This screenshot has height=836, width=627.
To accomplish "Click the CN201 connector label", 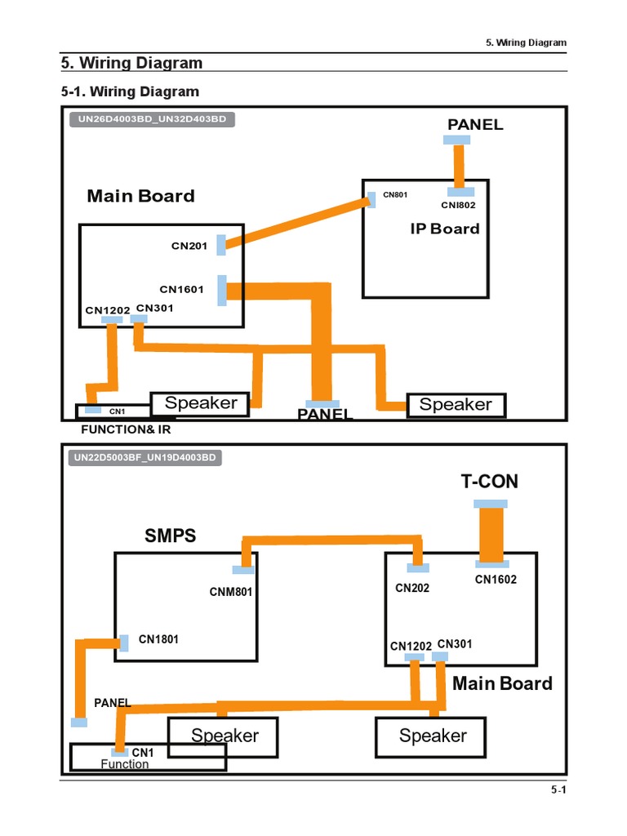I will pos(189,245).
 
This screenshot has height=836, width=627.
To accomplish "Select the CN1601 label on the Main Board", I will pos(181,290).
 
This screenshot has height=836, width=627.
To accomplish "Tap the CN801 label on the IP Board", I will pos(395,195).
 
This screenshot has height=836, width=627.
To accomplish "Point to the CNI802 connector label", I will pos(458,206).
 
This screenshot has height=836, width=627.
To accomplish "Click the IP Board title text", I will pos(445,229).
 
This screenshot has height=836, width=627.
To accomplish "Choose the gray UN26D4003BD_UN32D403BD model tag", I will pos(152,119).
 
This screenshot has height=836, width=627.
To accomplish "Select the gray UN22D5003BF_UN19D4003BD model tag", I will pos(146,457).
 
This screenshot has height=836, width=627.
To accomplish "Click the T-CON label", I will pos(489,482).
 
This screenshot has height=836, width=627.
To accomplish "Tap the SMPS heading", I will pos(171,536).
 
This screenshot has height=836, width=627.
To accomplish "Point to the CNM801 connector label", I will pos(232,592).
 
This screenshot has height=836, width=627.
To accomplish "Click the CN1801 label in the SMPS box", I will pos(158,639).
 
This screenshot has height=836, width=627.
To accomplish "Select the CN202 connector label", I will pos(412,588).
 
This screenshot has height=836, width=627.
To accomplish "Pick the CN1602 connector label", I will pos(496,580).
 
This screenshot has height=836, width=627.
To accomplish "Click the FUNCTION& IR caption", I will pos(126,429).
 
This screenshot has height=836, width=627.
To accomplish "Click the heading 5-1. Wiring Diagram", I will pos(130,91).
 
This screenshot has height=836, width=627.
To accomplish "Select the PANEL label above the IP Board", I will pos(475,125).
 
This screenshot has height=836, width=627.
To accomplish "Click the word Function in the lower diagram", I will pos(125,764).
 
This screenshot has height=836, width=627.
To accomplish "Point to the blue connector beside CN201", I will pos(222,242).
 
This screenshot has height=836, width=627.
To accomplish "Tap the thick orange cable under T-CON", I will pos(491,533).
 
